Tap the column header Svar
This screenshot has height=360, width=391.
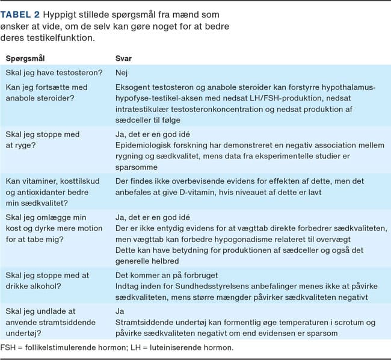[x=123, y=59]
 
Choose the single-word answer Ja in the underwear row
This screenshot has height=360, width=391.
[x=120, y=312]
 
